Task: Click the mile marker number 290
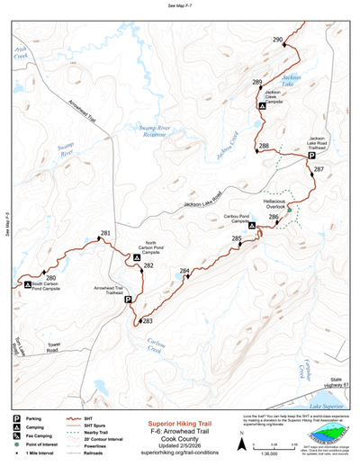tap(277, 40)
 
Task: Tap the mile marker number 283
tap(148, 321)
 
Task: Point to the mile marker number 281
tap(105, 234)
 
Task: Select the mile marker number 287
tap(318, 170)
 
